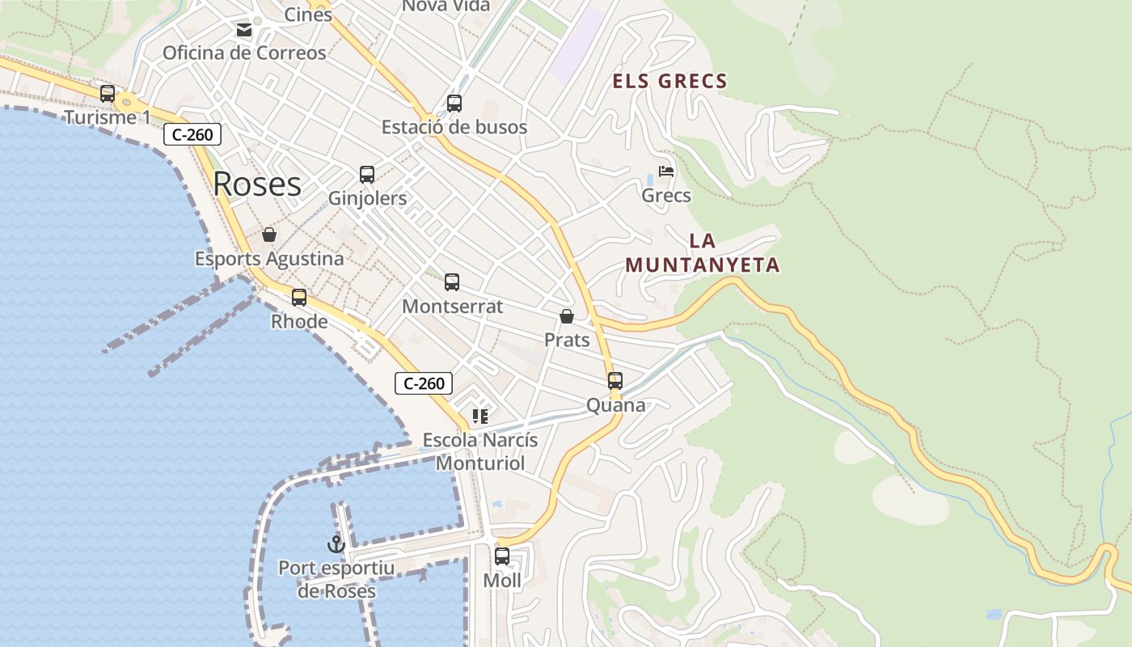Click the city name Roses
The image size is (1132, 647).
257,184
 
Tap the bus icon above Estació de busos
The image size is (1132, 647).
454,104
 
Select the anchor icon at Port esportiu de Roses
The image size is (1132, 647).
336,544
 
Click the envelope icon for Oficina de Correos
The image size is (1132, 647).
243,31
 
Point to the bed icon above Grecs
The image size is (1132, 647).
666,171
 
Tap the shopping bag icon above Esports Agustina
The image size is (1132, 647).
269,235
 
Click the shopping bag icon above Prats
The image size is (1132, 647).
567,316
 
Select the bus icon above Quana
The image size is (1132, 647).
615,381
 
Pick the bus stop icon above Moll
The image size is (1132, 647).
502,556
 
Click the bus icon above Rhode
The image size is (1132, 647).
299,298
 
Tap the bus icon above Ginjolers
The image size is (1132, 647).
367,175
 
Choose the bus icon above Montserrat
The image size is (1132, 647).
452,282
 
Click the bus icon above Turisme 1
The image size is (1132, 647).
108,94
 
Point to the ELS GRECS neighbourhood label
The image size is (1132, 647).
670,82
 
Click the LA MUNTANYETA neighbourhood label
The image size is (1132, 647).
703,253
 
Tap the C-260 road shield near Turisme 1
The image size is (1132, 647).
192,134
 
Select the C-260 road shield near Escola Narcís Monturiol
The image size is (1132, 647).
424,383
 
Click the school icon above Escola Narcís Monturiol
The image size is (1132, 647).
480,417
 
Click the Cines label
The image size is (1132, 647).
308,15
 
